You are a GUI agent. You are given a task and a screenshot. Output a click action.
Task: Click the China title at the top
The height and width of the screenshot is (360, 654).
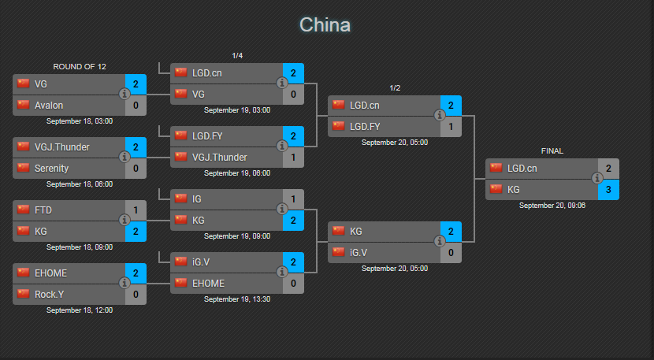pyautogui.click(x=325, y=25)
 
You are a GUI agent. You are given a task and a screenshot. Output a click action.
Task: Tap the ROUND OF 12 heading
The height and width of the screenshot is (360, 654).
pyautogui.click(x=80, y=67)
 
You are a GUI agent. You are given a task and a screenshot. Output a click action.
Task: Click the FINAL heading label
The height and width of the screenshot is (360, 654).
pyautogui.click(x=552, y=151)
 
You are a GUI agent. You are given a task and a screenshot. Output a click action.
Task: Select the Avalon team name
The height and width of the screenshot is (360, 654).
pyautogui.click(x=49, y=106)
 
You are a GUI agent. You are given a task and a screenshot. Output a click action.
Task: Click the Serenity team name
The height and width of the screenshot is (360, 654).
pyautogui.click(x=51, y=169)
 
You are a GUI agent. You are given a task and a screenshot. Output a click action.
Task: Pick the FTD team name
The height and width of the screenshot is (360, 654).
pyautogui.click(x=43, y=210)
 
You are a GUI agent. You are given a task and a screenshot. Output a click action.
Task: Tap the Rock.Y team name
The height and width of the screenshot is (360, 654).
pyautogui.click(x=49, y=295)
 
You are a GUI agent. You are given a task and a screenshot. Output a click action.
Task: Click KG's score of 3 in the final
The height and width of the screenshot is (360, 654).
pyautogui.click(x=608, y=190)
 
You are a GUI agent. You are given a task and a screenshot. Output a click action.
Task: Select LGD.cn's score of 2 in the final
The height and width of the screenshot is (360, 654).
pyautogui.click(x=608, y=169)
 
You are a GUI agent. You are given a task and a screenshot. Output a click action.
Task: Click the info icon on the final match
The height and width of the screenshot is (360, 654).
pyautogui.click(x=597, y=179)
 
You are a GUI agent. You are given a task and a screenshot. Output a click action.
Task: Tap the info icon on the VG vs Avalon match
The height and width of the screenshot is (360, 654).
pyautogui.click(x=124, y=95)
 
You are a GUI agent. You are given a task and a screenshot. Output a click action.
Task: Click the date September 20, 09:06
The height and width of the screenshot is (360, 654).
pyautogui.click(x=552, y=206)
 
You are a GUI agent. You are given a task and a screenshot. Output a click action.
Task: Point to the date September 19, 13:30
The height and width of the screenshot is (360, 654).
pyautogui.click(x=237, y=299)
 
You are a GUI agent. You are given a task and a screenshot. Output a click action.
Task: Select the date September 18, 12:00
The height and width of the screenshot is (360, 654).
pyautogui.click(x=80, y=310)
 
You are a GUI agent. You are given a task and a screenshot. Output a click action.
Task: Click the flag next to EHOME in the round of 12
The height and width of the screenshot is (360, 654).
pyautogui.click(x=24, y=273)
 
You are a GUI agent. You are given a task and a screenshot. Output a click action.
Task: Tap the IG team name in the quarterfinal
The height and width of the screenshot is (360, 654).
pyautogui.click(x=196, y=199)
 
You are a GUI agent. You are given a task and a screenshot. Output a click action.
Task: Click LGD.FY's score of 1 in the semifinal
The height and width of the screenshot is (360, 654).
pyautogui.click(x=451, y=127)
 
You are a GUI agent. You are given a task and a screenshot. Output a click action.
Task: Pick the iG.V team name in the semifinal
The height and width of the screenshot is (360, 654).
pyautogui.click(x=359, y=253)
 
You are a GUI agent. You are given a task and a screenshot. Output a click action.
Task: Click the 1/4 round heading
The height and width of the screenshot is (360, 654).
pyautogui.click(x=237, y=56)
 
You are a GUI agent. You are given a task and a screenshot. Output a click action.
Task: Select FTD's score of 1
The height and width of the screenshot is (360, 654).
pyautogui.click(x=136, y=210)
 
